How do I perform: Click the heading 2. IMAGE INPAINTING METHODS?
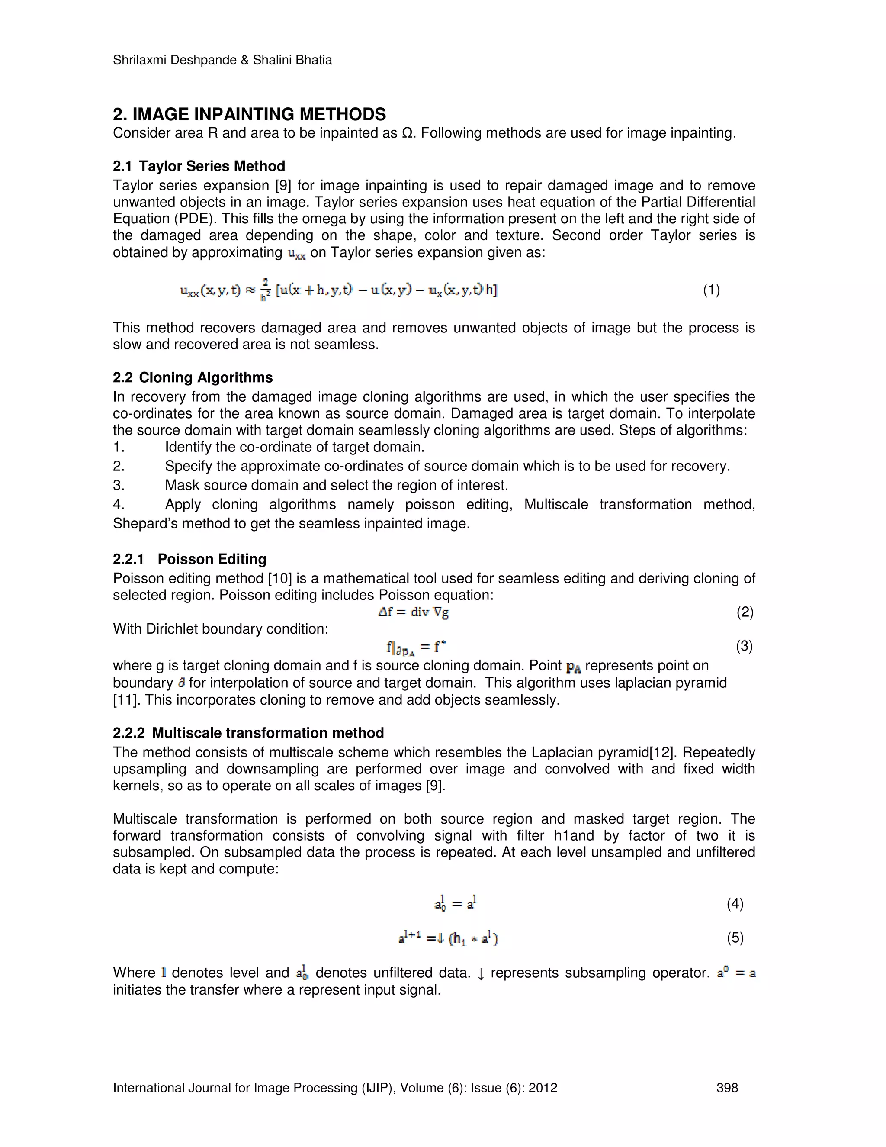pos(249,115)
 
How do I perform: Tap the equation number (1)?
pos(711,290)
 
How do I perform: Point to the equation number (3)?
pos(744,645)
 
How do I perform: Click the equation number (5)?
pos(735,938)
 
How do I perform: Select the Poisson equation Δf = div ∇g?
pos(414,612)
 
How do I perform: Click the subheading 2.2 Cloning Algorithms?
pos(193,377)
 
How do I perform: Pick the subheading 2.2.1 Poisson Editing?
pos(189,559)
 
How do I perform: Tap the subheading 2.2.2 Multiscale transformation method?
pos(248,733)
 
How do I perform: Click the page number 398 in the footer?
pos(727,1088)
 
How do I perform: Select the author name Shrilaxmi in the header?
pos(138,61)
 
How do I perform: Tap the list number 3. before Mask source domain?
pos(119,485)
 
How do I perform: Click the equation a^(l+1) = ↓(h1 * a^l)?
pos(448,938)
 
